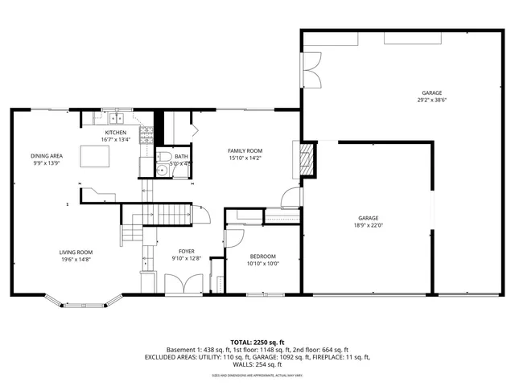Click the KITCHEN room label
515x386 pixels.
click(116, 132)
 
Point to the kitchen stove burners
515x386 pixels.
click(146, 138)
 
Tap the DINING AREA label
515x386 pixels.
click(47, 156)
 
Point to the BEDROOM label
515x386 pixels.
click(262, 255)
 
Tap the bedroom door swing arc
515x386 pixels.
click(234, 238)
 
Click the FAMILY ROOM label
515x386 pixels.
click(245, 150)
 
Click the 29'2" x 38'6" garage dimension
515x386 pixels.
click(431, 101)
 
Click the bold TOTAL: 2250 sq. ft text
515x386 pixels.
click(257, 341)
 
